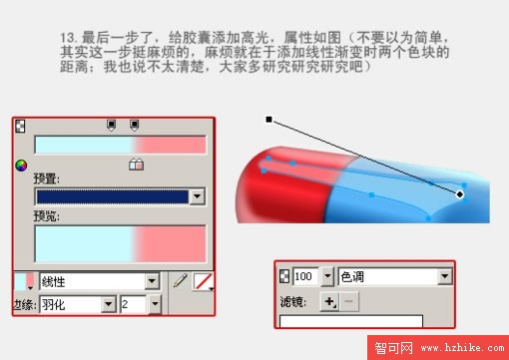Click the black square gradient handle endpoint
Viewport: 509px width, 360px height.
click(268, 120)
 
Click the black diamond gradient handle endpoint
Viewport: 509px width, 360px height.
click(460, 194)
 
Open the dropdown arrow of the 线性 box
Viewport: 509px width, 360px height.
click(152, 282)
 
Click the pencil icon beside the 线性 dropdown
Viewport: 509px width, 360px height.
click(180, 282)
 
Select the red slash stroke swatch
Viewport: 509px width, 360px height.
click(203, 282)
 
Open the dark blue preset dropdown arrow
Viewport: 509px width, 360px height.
click(197, 197)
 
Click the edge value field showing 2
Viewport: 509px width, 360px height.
click(133, 303)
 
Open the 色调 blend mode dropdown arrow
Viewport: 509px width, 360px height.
click(444, 276)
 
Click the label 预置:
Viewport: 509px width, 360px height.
click(46, 179)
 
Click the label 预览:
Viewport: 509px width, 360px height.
click(46, 215)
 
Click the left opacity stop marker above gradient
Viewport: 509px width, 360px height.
click(111, 126)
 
